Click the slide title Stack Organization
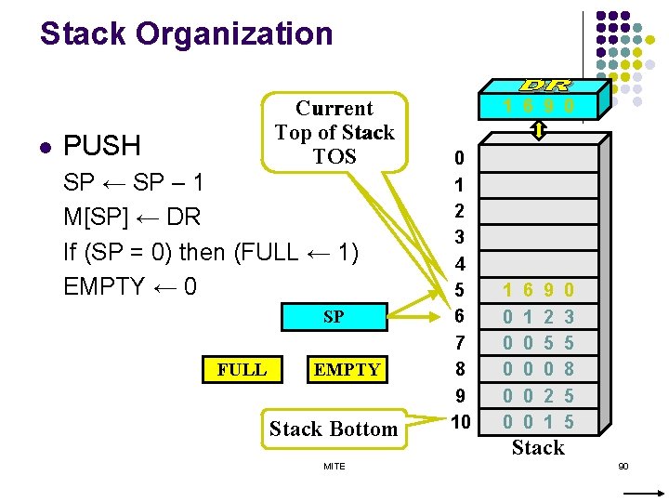[x=186, y=34]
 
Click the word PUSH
[x=101, y=146]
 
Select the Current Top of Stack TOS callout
[x=334, y=132]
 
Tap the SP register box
[x=334, y=317]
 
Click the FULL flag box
[x=242, y=369]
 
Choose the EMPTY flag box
[x=347, y=369]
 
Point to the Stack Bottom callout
[x=334, y=429]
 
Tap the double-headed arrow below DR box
[x=539, y=132]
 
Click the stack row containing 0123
[x=538, y=316]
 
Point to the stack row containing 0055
[x=538, y=342]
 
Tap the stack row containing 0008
[x=538, y=369]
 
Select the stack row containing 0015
[x=538, y=422]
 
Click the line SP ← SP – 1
[x=132, y=182]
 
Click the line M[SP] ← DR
[x=132, y=217]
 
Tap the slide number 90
[x=623, y=465]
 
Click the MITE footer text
[x=334, y=466]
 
